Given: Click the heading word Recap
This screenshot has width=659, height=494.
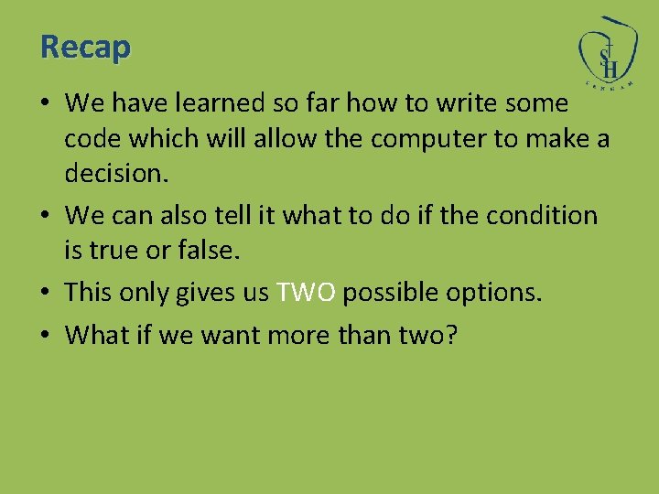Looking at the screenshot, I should pos(86,46).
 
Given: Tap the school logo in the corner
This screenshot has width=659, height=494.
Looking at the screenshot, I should pos(607,52).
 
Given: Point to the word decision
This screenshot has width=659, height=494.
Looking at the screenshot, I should pos(117,174).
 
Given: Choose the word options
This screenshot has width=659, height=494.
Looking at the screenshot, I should pos(493,293).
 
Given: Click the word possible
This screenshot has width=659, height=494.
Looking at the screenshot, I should pos(389,293).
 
